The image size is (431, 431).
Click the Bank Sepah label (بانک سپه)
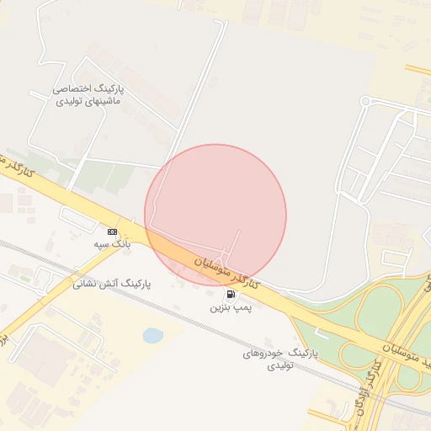click(112, 244)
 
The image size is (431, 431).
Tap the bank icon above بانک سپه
click(112, 231)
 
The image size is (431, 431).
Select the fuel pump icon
click(230, 295)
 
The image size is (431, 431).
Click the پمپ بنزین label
click(231, 309)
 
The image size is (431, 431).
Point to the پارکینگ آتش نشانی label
click(111, 285)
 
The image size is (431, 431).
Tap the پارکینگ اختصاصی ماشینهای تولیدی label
click(88, 94)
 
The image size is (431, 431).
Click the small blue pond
click(152, 336)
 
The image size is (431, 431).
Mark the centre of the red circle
click(215, 215)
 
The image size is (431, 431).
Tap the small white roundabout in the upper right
click(365, 102)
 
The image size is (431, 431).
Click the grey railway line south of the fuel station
click(202, 319)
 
